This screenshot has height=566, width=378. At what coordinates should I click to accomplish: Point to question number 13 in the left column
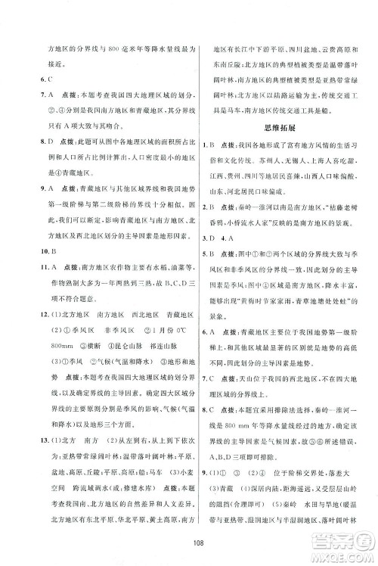[x=23, y=418]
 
